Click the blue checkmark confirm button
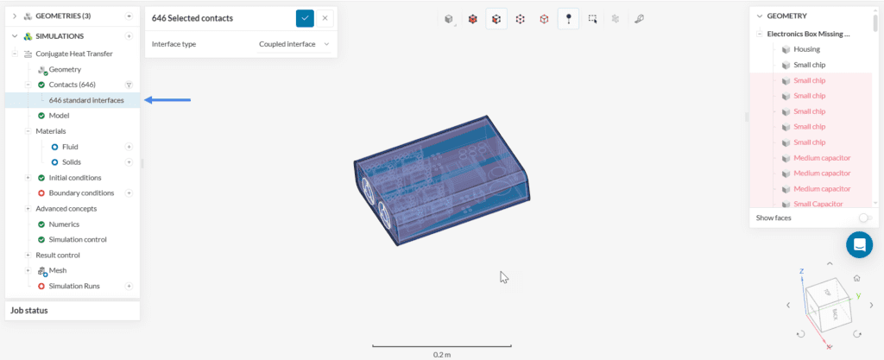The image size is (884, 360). click(x=305, y=17)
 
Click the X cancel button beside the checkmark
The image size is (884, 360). click(x=325, y=17)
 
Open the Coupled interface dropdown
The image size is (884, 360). click(x=294, y=44)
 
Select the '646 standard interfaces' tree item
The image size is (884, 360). click(x=85, y=100)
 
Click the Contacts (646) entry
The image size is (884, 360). click(x=72, y=85)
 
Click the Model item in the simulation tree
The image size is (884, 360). click(x=59, y=116)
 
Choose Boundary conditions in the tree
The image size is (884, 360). click(x=81, y=193)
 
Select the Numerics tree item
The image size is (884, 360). click(x=64, y=224)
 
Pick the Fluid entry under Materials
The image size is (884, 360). click(x=70, y=147)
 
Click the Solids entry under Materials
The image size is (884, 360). click(x=71, y=162)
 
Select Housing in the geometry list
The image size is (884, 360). click(x=806, y=49)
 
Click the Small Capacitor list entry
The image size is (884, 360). click(x=818, y=204)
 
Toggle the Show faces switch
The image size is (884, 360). click(x=863, y=218)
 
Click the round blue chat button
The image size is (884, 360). click(x=859, y=245)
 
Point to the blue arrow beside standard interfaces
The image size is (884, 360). click(x=167, y=100)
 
